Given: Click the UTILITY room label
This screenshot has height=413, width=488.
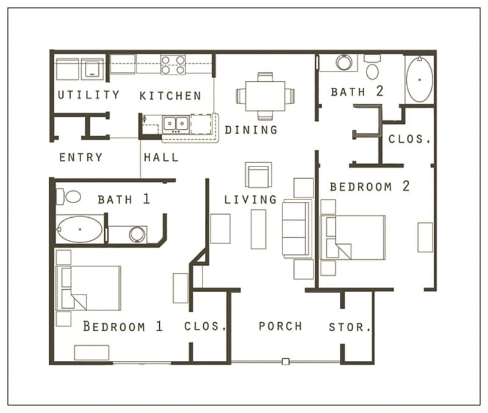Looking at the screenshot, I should [88, 95].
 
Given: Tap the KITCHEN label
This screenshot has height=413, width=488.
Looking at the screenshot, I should [170, 96].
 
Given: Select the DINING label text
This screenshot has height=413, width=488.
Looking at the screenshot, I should [251, 130].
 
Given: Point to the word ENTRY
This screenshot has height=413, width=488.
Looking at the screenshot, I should [81, 157].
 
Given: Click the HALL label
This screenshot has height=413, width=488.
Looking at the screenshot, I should [161, 157].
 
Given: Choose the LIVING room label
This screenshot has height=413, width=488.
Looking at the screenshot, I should [250, 199].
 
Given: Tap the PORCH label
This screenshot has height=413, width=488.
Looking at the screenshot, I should [280, 326].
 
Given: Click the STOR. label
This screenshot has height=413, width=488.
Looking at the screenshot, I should [350, 327].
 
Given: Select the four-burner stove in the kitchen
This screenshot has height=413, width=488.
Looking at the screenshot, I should [173, 65].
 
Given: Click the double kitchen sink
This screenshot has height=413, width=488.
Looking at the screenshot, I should [175, 124].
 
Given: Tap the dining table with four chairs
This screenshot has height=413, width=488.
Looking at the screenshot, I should [265, 96].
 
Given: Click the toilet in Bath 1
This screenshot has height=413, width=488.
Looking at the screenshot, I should [69, 196].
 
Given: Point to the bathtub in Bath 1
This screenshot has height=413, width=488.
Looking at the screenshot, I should [80, 230].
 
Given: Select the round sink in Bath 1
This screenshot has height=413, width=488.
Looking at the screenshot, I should [137, 234].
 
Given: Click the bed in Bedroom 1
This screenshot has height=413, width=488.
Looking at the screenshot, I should [89, 287].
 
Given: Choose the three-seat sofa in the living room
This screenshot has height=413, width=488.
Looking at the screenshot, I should [295, 229].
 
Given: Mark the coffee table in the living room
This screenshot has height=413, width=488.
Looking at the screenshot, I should [258, 229].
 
